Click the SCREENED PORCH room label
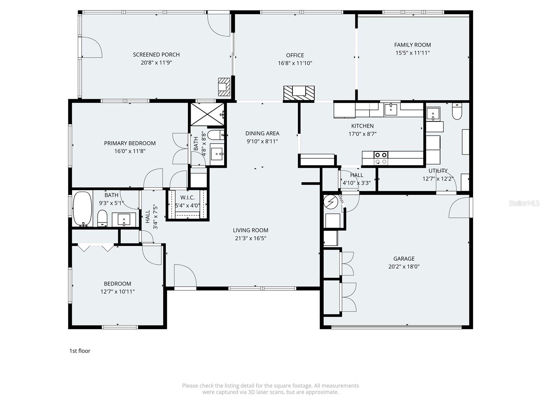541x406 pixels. pyautogui.click(x=156, y=54)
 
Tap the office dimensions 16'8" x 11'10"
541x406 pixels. pyautogui.click(x=295, y=63)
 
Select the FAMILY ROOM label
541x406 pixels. pyautogui.click(x=413, y=45)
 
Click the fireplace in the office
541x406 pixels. pyautogui.click(x=299, y=93)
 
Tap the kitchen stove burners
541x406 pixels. pyautogui.click(x=381, y=158)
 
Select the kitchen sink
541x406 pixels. pyautogui.click(x=391, y=109)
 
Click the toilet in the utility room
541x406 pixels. pyautogui.click(x=457, y=112)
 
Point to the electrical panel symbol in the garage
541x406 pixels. pyautogui.click(x=330, y=202)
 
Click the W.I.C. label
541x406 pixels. pyautogui.click(x=187, y=198)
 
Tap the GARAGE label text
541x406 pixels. pyautogui.click(x=404, y=258)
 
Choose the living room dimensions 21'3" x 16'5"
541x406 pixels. pyautogui.click(x=251, y=238)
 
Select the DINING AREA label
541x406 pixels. pyautogui.click(x=262, y=133)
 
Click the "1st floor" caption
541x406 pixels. pyautogui.click(x=80, y=351)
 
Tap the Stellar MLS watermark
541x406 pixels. pyautogui.click(x=524, y=203)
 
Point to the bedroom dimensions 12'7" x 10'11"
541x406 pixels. pyautogui.click(x=117, y=292)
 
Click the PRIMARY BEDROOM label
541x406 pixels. pyautogui.click(x=130, y=143)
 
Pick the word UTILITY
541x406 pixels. pyautogui.click(x=438, y=171)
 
